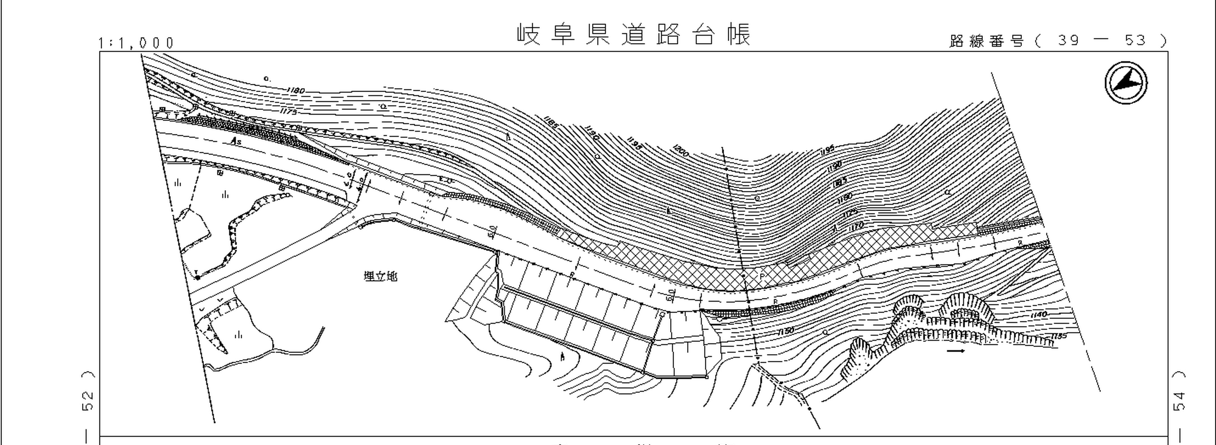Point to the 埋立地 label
pyautogui.click(x=380, y=276)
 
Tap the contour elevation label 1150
pyautogui.click(x=785, y=331)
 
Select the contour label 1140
pyautogui.click(x=1039, y=315)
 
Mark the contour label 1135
pyautogui.click(x=1059, y=336)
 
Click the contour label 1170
pyautogui.click(x=855, y=226)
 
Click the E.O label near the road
pyautogui.click(x=445, y=180)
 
